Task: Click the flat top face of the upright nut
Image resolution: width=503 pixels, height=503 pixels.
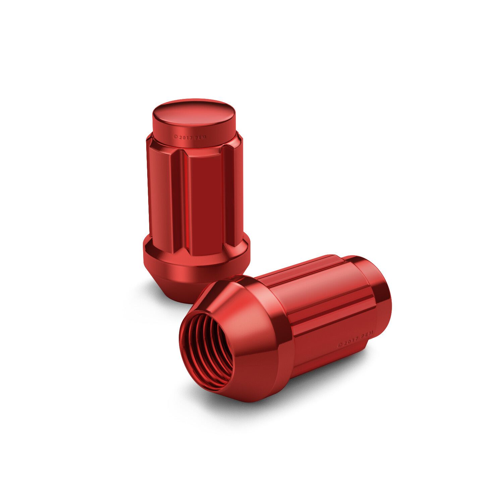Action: click(194, 112)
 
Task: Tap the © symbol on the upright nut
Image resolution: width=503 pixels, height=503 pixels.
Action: click(175, 137)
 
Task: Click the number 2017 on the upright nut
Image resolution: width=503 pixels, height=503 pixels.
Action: click(185, 137)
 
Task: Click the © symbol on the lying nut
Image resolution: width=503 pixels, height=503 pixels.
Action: click(340, 344)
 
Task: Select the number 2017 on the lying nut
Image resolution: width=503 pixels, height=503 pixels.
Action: click(350, 341)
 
